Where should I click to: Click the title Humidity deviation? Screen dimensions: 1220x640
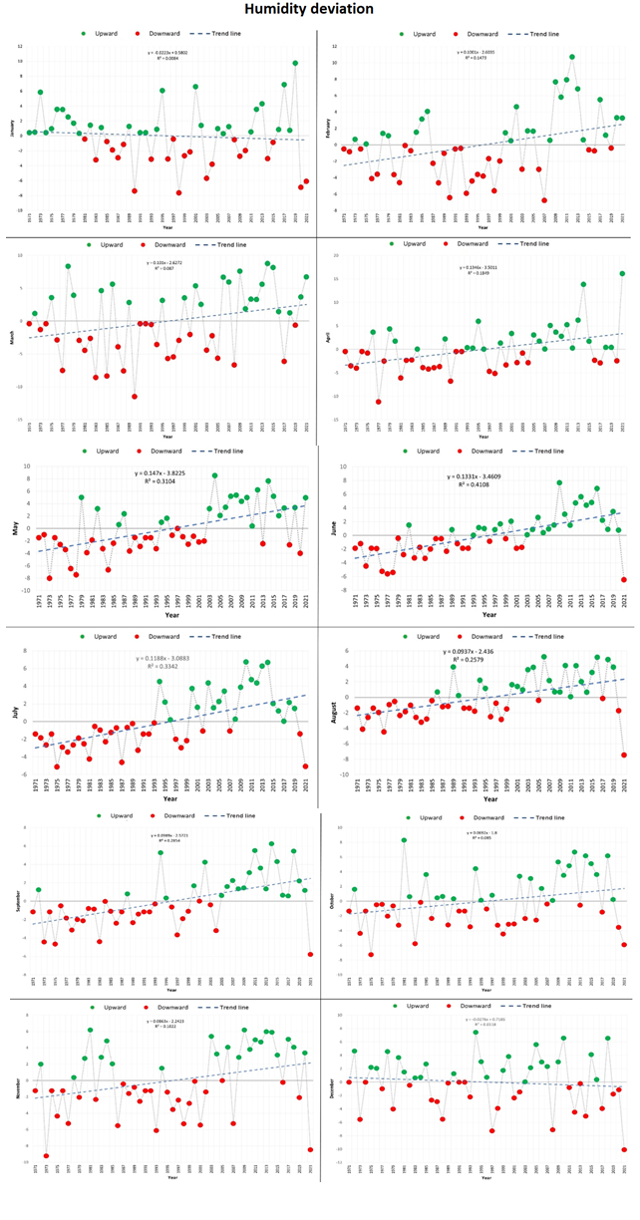coord(320,10)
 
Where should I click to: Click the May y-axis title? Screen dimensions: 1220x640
coord(16,529)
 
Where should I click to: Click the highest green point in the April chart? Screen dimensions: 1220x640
coord(622,273)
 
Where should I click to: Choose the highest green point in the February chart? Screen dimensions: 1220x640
coord(571,57)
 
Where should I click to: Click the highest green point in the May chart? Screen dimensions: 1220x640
coord(214,475)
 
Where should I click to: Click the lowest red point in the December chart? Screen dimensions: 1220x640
coord(624,1149)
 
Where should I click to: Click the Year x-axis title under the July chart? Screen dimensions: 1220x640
coord(170,799)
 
